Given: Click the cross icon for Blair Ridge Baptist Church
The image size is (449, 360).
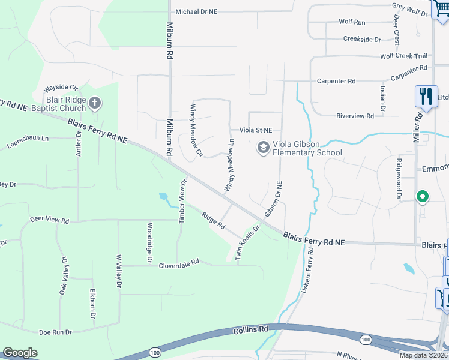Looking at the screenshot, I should click(x=94, y=104).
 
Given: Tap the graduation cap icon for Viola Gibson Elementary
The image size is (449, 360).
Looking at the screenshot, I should click(x=262, y=147).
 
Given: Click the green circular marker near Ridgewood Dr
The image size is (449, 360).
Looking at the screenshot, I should click(x=422, y=196).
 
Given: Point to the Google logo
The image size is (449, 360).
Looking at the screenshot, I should click(x=20, y=353).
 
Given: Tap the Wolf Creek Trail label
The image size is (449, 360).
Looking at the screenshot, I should click(x=403, y=56).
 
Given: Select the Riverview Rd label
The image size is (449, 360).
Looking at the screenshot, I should click(x=355, y=116).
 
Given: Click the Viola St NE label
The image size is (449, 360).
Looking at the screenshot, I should click(x=256, y=130).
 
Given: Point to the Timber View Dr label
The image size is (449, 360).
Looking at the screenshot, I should click(x=182, y=200).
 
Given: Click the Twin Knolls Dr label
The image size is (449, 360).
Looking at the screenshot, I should click(x=247, y=242).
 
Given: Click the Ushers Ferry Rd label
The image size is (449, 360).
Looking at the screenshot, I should click(x=307, y=272).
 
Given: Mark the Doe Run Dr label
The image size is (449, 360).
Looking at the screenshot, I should click(x=55, y=332).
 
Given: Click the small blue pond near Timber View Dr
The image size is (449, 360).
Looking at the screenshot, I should click(x=163, y=196).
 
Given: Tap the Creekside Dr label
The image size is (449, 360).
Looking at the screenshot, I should click(x=362, y=39).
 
